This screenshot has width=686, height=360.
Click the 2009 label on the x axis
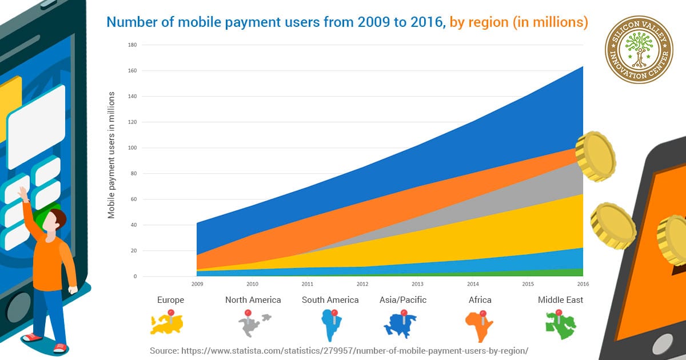(197, 283)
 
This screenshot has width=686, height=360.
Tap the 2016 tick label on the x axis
(583, 283)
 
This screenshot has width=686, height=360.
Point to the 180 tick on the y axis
(133, 45)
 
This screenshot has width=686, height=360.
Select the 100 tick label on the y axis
(133, 148)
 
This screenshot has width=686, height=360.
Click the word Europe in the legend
(170, 300)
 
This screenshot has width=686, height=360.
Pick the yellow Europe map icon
(167, 323)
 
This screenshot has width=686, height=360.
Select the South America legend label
(330, 300)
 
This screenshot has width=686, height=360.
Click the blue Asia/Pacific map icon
(402, 325)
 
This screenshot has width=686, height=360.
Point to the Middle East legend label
(560, 300)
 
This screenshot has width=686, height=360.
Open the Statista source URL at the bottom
(339, 350)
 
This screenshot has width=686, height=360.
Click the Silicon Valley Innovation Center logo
(639, 58)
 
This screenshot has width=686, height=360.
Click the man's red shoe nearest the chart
(59, 347)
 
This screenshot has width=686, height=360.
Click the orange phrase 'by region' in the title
(478, 22)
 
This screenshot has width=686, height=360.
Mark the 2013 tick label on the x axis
(417, 283)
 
